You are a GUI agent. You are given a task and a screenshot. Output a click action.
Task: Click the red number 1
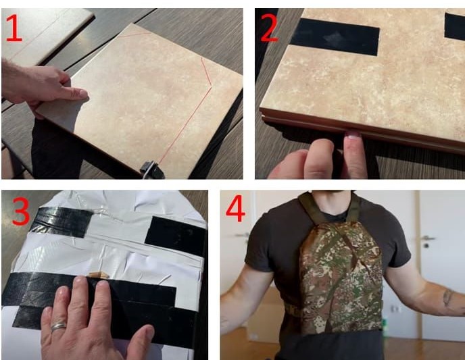tap(14, 28)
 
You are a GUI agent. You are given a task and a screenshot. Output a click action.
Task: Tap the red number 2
tap(269, 28)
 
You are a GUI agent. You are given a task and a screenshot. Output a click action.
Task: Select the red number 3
tap(21, 211)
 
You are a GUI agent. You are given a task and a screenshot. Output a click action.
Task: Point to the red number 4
tap(235, 208)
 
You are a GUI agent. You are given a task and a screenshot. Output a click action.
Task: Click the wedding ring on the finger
tap(58, 326)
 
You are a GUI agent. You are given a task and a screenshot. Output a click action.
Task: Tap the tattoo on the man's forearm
tap(448, 297)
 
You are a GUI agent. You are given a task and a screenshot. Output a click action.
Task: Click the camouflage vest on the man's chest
tap(341, 276)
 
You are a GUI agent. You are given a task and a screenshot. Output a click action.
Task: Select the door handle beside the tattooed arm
tap(429, 238)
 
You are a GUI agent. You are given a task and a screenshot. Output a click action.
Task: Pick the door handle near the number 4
tap(242, 235)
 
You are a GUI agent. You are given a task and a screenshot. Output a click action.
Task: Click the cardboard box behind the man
tap(264, 314)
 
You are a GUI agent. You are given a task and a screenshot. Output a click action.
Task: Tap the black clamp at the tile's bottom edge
tap(152, 170)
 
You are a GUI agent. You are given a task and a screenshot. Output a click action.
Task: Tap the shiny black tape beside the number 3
tap(61, 222)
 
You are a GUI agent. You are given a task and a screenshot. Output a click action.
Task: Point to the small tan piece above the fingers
tap(99, 275)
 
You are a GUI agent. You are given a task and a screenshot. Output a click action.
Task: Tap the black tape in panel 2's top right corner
tap(454, 26)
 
